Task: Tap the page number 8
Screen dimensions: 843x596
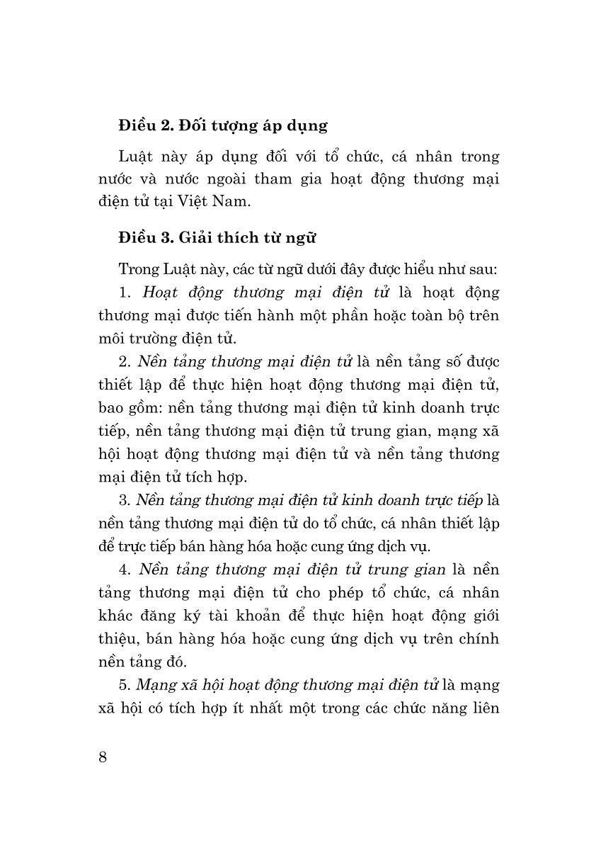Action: tap(103, 756)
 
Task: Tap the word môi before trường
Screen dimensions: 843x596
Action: tap(110, 338)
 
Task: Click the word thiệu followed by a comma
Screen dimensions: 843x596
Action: tap(118, 638)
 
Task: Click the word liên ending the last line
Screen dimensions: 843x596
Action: tap(481, 708)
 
